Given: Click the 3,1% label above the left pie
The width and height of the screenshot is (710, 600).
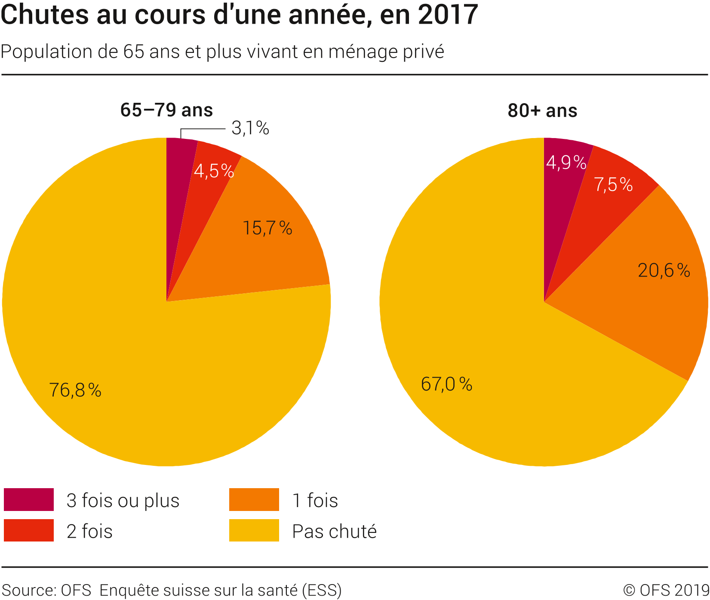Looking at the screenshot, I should tap(250, 128).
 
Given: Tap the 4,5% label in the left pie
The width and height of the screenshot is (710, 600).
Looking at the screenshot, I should tap(214, 171).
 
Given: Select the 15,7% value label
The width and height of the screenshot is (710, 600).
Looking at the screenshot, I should tap(267, 228).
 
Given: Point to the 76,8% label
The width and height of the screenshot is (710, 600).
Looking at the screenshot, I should tap(75, 390).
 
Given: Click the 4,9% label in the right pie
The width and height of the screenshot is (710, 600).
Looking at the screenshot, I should tap(566, 163).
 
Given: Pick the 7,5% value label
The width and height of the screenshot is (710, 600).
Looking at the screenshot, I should tap(613, 185).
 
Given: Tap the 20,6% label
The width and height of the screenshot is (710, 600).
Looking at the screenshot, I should tap(664, 271).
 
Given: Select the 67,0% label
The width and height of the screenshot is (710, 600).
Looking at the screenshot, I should tap(446, 384).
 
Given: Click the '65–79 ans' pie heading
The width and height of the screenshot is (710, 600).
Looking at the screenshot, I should tap(166, 110).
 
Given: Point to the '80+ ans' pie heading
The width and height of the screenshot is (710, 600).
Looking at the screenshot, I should tap(542, 111).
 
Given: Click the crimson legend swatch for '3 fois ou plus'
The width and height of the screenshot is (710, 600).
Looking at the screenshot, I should tap(29, 499).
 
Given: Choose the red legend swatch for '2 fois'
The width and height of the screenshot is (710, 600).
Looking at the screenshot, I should tap(29, 530).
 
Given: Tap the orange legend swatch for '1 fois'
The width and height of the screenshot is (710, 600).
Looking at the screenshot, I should tap(254, 499).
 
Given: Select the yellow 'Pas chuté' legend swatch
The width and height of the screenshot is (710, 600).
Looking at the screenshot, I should tap(254, 530).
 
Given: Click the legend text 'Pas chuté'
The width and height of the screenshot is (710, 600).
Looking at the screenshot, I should tap(334, 532).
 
